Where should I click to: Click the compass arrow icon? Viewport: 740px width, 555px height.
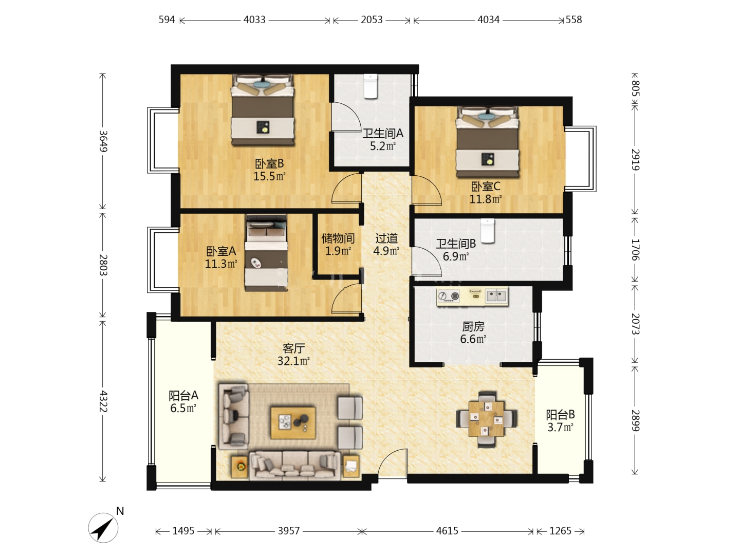(x=103, y=528)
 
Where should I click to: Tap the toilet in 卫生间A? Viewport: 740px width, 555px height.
(x=371, y=86)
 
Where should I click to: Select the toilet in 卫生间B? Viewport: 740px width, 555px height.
(x=487, y=231)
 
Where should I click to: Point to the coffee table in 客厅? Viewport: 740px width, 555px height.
(x=293, y=423)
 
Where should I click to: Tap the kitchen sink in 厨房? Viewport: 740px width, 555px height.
(x=496, y=296)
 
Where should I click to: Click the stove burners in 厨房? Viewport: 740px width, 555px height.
(x=449, y=296)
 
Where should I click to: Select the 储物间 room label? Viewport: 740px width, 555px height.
(x=338, y=238)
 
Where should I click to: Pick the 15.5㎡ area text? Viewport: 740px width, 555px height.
(x=269, y=176)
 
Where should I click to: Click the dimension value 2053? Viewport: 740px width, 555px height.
(x=372, y=20)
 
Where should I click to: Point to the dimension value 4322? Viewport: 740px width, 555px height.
(x=103, y=401)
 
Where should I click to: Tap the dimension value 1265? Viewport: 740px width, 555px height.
(x=560, y=531)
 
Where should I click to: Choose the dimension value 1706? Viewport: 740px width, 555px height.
(x=635, y=250)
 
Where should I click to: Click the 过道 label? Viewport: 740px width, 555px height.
(x=386, y=238)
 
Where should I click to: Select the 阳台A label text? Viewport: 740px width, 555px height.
(x=183, y=395)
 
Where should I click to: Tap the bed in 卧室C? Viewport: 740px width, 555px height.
(x=488, y=142)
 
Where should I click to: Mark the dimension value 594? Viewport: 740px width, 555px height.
(x=166, y=20)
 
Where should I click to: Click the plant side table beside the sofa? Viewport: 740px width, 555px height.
(x=239, y=467)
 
